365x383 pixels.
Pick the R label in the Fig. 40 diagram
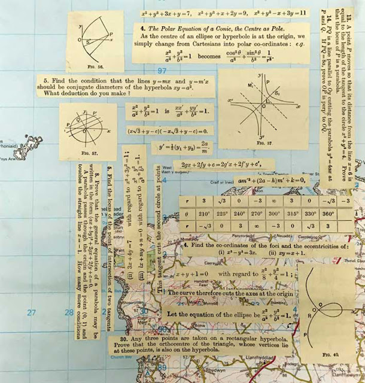[x=308, y=314]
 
